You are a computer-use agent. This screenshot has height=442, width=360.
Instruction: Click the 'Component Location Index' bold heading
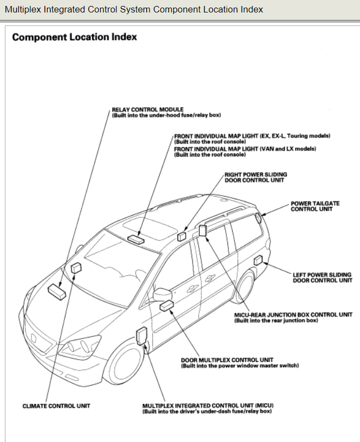(74, 37)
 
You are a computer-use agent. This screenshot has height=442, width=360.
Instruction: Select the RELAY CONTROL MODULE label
(147, 109)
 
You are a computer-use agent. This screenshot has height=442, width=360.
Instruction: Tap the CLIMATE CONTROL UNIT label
(56, 406)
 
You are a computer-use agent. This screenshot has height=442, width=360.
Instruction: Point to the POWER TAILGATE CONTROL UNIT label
(315, 206)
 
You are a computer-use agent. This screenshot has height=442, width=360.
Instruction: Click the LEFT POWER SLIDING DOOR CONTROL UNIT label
(323, 277)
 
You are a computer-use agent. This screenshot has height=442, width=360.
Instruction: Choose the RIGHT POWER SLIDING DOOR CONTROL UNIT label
(256, 177)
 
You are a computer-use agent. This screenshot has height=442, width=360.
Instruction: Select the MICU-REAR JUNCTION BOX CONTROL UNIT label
(293, 315)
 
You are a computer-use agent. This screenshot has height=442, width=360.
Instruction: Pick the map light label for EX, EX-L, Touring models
(252, 135)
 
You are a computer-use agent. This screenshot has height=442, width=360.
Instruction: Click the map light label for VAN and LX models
(245, 148)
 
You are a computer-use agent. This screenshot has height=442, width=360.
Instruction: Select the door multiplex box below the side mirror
(166, 307)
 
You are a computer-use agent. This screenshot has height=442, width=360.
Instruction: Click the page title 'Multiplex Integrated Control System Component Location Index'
(134, 9)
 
